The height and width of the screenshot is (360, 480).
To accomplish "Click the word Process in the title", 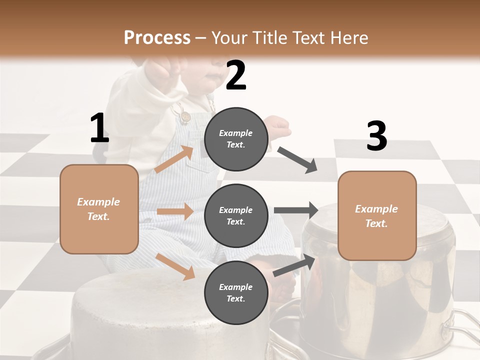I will pos(157,37).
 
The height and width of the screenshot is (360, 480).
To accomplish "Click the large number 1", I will pos(99,128).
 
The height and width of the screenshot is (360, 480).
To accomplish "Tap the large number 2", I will pos(236,75).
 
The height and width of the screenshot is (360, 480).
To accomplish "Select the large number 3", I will pos(376,136).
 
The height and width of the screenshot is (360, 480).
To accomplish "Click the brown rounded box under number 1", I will pos(99,209).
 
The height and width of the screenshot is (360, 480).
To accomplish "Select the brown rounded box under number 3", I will pos(377,215).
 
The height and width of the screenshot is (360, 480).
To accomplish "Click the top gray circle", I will pos(236,139).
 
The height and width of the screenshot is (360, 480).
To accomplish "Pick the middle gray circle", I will pos(236,215).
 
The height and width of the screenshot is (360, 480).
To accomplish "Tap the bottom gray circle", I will pos(236,292).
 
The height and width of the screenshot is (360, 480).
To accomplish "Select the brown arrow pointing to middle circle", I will pos(174,211).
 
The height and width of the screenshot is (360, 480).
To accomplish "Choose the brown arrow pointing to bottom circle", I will pos(175,266).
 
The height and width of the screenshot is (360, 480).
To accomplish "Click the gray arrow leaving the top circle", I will pos(297,160).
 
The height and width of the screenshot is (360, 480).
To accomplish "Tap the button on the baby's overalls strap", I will pos(186,117).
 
